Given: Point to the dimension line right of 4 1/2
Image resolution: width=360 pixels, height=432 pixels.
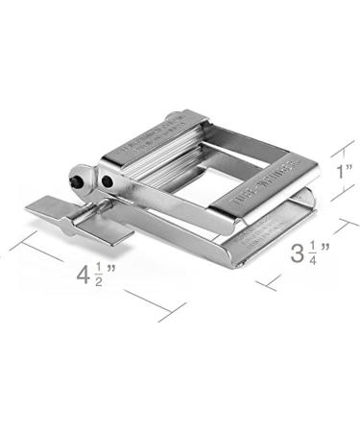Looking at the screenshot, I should pyautogui.click(x=154, y=299).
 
